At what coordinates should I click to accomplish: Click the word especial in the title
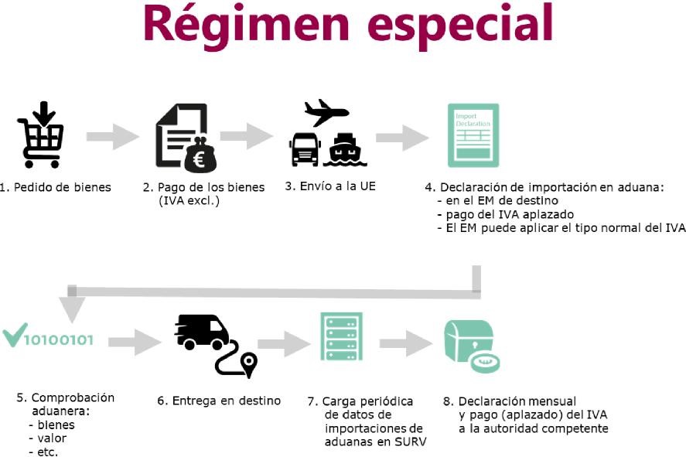pos(460,25)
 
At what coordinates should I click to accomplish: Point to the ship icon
pos(345,150)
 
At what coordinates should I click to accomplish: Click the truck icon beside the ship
pos(305,149)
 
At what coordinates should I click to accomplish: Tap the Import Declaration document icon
pos(473,135)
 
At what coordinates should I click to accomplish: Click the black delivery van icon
pos(202,332)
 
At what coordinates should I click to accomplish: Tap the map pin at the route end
pos(248,362)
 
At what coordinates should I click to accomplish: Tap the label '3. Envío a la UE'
pos(330,186)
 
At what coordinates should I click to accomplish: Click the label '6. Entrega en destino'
pos(219,401)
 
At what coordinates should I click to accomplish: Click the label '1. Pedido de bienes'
pos(56,186)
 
